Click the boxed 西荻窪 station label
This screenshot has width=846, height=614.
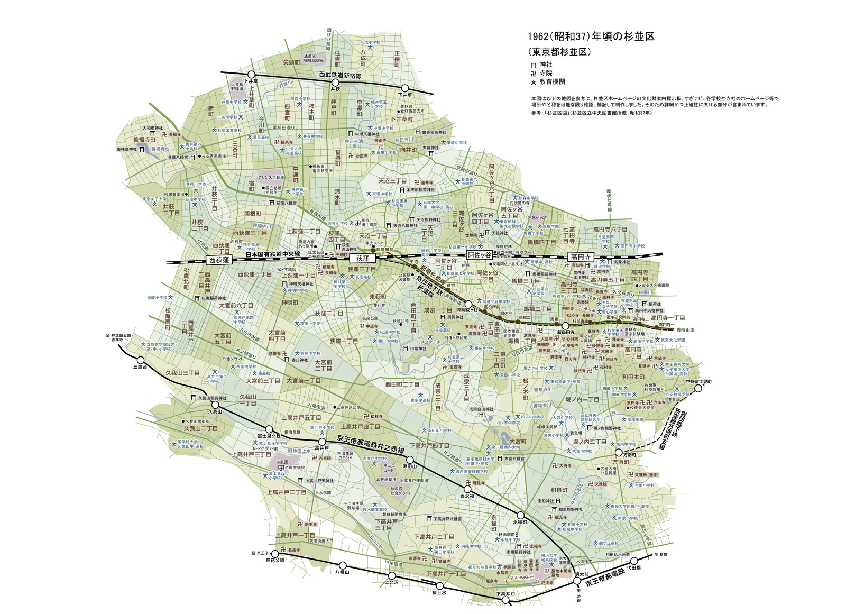coord(219,260)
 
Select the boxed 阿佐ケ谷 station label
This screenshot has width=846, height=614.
coord(479,255)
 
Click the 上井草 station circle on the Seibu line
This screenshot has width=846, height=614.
coord(252,75)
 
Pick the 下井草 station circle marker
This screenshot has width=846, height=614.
coord(406,88)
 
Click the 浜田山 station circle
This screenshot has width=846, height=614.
coord(409,460)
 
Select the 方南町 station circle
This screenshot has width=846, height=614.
coord(619,453)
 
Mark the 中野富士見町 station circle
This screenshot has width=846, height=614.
coord(698,388)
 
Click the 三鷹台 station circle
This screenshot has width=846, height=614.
coord(140,359)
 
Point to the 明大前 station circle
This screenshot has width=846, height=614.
coord(577,581)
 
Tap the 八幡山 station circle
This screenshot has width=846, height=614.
coord(343,565)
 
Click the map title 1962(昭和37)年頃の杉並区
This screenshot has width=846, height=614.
coord(591,36)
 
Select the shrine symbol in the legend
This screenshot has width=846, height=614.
coord(534,65)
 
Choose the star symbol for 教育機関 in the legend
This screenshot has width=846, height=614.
coord(534,83)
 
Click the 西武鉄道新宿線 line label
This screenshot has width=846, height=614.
coord(340,77)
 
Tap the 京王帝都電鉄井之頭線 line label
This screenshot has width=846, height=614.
coord(371,444)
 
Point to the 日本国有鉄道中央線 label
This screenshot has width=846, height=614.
coord(273,256)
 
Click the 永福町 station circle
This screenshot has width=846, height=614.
coord(520,515)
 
